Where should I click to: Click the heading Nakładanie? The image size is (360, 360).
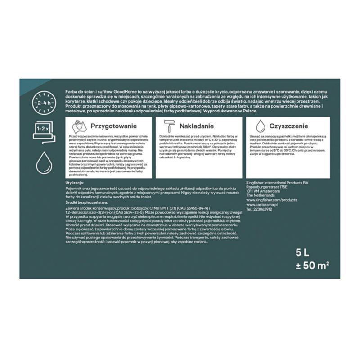point(196,126)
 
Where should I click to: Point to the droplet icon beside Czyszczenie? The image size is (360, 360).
point(261,126)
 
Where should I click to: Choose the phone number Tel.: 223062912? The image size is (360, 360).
point(260,209)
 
